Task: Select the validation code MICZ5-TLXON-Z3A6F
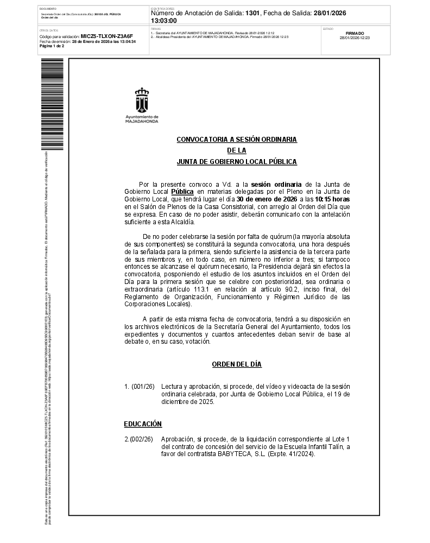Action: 106,36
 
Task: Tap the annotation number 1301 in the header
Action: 252,13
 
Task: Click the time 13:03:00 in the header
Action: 163,20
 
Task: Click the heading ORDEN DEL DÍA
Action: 236,364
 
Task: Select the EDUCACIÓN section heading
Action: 143,424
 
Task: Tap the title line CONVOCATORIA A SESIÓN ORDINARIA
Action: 236,140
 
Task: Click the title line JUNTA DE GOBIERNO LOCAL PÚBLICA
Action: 236,162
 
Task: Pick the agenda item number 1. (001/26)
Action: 139,387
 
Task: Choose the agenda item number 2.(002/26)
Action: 138,439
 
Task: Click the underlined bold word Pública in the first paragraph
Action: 182,192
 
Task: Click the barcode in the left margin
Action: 52,103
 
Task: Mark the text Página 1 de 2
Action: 52,46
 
